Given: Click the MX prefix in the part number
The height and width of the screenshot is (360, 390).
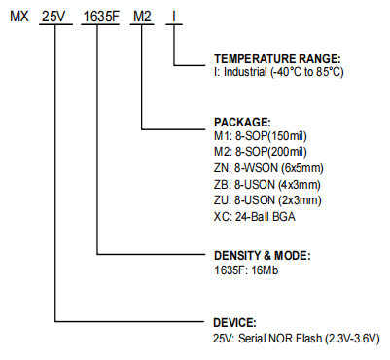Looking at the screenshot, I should tap(18, 17).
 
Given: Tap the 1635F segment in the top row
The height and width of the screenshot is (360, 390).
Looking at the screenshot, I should tap(99, 17).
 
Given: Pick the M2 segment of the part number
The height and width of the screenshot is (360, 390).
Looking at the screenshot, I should tap(142, 17).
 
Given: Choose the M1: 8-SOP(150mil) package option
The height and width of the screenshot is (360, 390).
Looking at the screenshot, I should tap(258, 137).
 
